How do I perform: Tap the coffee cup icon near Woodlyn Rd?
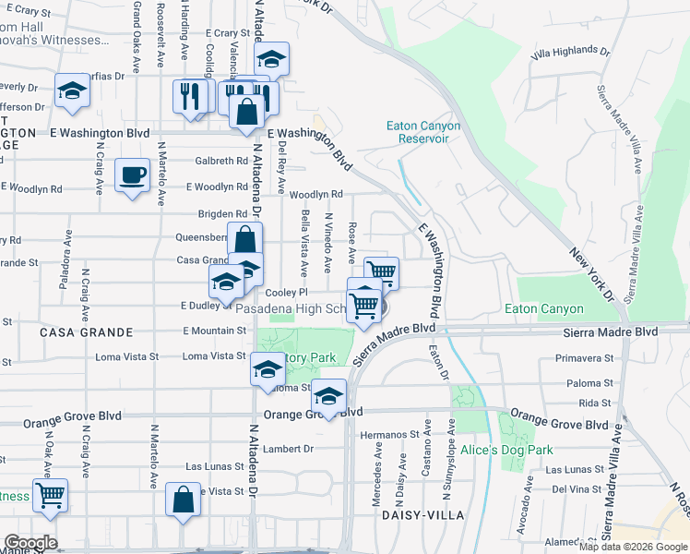pos(132,175)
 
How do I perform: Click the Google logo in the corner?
pos(30,543)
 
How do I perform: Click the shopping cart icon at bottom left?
pos(49,494)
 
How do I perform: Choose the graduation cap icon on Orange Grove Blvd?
pos(328,396)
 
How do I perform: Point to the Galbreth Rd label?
pos(221,161)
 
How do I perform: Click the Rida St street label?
pos(595,403)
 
